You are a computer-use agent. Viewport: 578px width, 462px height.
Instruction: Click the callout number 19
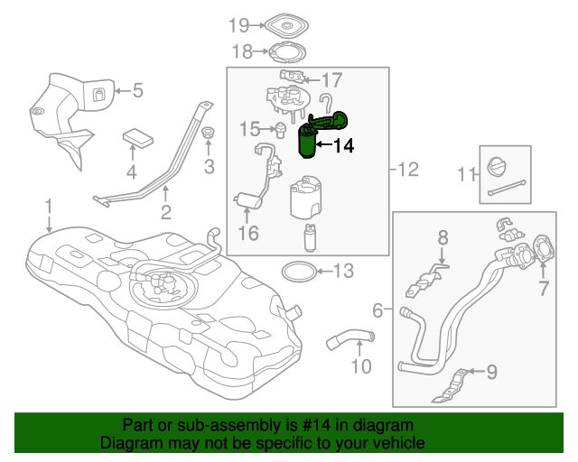pos(238,24)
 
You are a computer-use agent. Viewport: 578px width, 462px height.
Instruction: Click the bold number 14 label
pos(345,144)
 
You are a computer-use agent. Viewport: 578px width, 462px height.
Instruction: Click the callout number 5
pos(137,89)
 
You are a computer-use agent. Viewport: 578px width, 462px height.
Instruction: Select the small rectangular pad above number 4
pos(138,138)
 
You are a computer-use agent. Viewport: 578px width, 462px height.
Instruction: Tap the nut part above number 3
pos(209,135)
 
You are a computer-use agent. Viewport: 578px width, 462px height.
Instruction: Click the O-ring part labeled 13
pos(297,270)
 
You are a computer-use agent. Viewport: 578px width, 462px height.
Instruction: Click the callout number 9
pos(492,370)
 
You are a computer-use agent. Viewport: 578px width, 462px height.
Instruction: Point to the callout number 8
pos(443,238)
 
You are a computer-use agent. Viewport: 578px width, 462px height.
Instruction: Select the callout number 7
pos(544,289)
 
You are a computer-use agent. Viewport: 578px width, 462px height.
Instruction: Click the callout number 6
pos(378,310)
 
